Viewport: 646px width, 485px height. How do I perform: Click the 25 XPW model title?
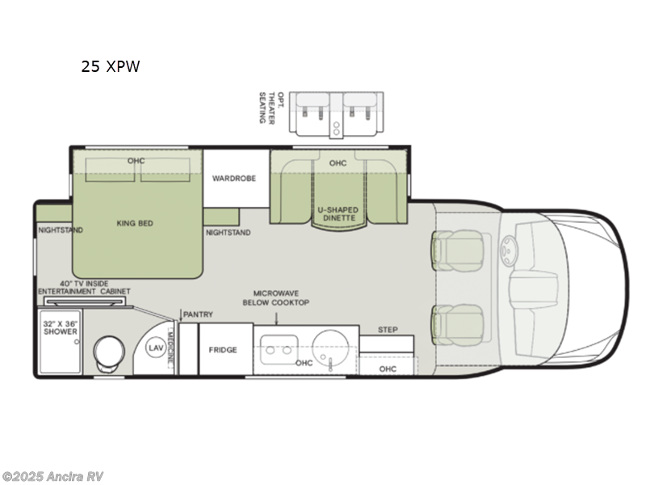110,67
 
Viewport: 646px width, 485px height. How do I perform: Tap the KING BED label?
134,223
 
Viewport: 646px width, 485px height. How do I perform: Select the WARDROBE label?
234,178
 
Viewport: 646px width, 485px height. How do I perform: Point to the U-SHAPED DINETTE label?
338,214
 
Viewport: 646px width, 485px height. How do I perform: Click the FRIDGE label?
223,350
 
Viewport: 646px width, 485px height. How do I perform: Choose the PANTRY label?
197,314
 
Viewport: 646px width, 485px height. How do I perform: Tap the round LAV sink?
156,348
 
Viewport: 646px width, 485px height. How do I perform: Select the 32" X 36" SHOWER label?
61,327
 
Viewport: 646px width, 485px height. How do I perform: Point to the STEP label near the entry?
388,330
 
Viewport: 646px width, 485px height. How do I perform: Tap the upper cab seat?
456,251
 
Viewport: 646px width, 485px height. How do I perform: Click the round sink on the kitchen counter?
329,348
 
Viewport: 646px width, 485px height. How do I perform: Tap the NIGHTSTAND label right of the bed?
228,233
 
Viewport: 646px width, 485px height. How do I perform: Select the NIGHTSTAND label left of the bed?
61,230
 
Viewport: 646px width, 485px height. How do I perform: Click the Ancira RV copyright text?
52,477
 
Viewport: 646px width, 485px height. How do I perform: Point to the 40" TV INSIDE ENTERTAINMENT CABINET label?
84,287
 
